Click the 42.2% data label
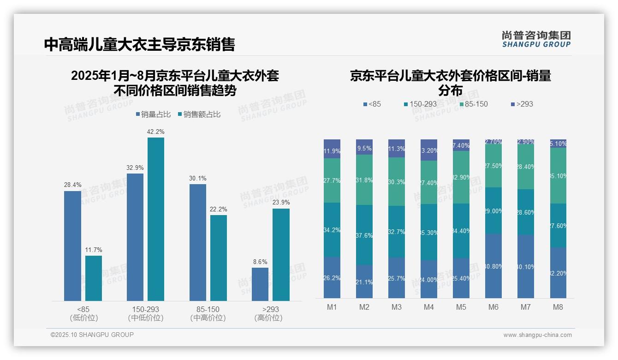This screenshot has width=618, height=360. [x=155, y=132]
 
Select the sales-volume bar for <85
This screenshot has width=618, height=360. [x=72, y=246]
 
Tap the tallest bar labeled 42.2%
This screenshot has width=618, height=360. [x=155, y=219]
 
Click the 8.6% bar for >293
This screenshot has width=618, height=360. [x=260, y=284]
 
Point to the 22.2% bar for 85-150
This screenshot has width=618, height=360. [x=219, y=258]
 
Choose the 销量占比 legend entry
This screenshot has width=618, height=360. [x=153, y=114]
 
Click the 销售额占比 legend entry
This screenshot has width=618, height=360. [x=199, y=114]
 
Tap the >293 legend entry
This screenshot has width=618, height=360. [x=522, y=104]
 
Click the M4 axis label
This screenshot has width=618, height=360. [x=428, y=307]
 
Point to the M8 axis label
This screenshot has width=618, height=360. [x=558, y=307]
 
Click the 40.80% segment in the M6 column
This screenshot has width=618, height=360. [x=493, y=266]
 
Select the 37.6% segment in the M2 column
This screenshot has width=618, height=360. [x=364, y=235]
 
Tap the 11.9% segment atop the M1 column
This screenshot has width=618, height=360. [x=332, y=149]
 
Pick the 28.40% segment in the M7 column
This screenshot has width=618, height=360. [x=525, y=167]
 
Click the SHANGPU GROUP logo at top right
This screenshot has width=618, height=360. [x=536, y=39]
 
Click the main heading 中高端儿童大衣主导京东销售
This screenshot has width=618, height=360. [x=140, y=44]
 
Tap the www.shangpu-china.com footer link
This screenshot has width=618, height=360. [x=537, y=335]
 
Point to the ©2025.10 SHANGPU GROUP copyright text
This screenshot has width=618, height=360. [x=92, y=335]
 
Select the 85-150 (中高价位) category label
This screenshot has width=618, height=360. [x=208, y=313]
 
